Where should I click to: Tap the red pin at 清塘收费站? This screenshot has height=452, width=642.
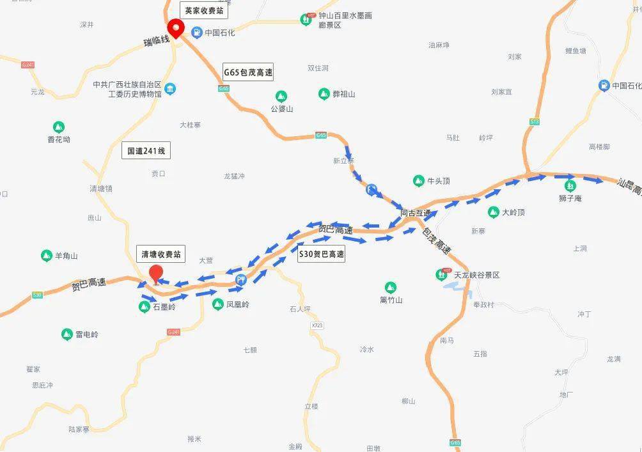point(155,274)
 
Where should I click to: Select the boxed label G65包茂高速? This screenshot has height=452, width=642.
point(248,72)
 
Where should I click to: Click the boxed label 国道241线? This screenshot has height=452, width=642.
point(146,151)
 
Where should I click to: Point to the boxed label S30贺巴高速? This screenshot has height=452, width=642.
point(322,254)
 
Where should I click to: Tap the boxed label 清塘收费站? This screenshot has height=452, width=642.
point(161,254)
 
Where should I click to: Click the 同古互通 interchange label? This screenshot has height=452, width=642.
point(416,213)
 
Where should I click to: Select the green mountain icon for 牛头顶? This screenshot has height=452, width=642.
point(419,181)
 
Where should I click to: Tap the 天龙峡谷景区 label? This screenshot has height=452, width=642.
point(476,275)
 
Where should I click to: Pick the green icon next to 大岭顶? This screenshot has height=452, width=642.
point(494,212)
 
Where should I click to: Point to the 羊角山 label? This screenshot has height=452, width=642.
point(66,256)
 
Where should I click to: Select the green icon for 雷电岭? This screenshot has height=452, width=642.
point(67,334)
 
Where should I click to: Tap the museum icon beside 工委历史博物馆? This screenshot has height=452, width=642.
point(170,89)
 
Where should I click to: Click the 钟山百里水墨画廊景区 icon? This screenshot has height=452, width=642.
point(308,20)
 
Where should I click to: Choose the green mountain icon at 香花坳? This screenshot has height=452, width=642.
point(59,127)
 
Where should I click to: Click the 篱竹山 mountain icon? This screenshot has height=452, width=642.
point(390,288)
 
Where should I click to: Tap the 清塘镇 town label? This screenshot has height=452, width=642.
point(101,189)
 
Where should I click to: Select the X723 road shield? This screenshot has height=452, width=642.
point(317,326)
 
